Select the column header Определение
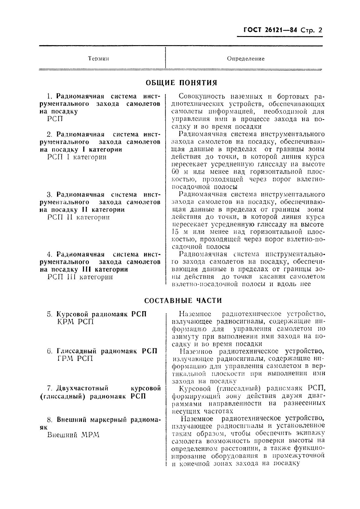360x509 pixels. (246, 59)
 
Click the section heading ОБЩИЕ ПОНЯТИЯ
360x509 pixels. (182, 83)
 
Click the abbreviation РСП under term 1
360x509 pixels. (55, 119)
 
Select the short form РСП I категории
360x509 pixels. (77, 157)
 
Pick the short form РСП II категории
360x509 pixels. (79, 217)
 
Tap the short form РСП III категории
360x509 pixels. (80, 277)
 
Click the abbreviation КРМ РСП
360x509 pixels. (76, 321)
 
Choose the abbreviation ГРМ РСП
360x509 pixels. (75, 359)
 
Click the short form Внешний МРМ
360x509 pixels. (74, 435)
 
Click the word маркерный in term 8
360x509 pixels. (106, 420)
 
